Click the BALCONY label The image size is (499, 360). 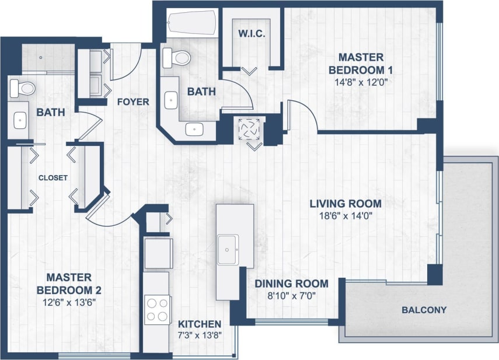tap(424, 310)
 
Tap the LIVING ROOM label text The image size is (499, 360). tap(346, 204)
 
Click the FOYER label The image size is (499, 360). tap(133, 102)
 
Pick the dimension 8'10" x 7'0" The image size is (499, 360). tap(291, 296)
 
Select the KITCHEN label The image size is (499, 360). tap(200, 324)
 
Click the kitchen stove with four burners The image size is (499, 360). tap(158, 309)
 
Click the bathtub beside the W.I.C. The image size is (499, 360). tap(190, 24)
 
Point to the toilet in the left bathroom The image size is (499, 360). tap(22, 88)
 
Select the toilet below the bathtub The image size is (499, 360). tap(177, 57)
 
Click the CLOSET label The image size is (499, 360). tap(53, 177)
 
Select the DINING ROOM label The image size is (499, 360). tap(291, 284)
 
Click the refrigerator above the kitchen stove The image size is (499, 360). tap(158, 253)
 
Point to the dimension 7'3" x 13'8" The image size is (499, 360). tap(200, 335)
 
